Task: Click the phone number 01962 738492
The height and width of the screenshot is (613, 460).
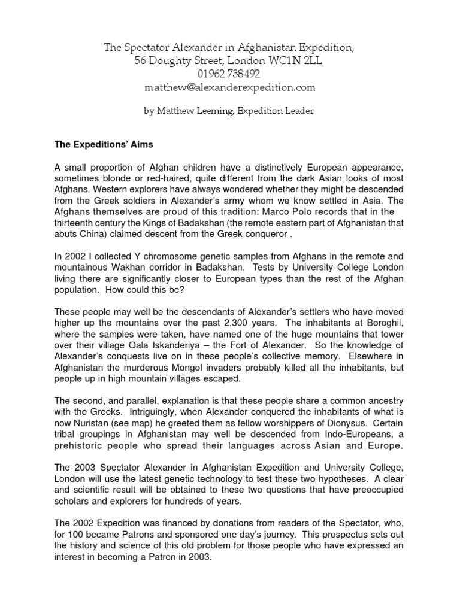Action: click(229, 74)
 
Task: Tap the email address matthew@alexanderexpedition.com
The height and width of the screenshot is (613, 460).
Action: click(229, 88)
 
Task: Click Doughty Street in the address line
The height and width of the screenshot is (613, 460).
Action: click(184, 60)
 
